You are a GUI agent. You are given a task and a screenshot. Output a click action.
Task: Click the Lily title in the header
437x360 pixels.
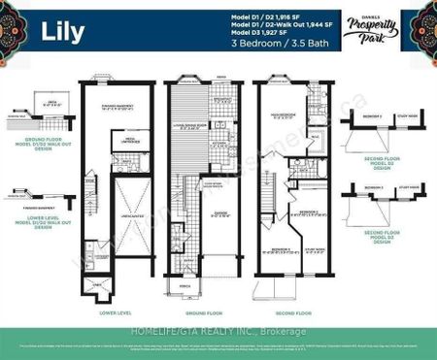[x=62, y=31]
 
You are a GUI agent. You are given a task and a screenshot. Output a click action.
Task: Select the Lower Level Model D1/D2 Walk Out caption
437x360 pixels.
[x=37, y=223]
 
